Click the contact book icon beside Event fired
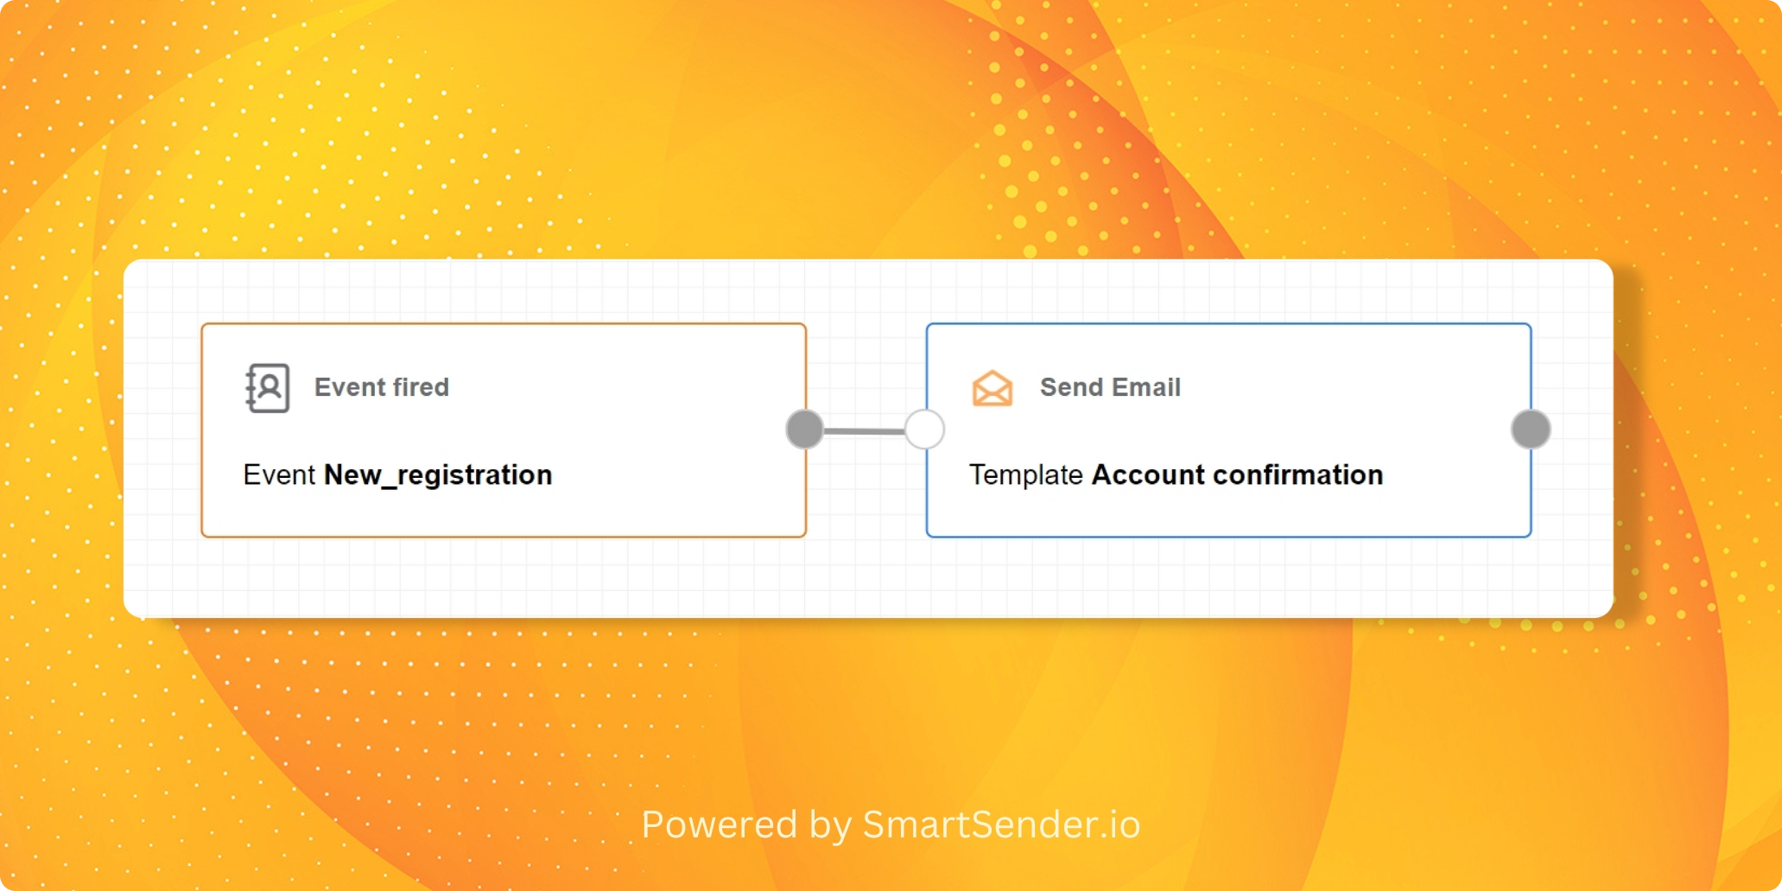click(267, 388)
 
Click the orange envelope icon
click(992, 388)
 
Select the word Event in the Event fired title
click(350, 387)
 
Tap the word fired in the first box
click(421, 387)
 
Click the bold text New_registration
click(438, 475)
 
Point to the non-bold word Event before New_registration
click(280, 475)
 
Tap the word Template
click(1026, 475)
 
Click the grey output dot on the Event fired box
click(805, 430)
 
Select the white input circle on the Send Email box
click(925, 430)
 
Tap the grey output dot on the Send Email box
click(1532, 430)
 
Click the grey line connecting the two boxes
click(865, 430)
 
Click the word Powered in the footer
click(720, 824)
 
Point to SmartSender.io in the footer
click(1002, 824)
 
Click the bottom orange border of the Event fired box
click(504, 537)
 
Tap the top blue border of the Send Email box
click(1228, 324)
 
